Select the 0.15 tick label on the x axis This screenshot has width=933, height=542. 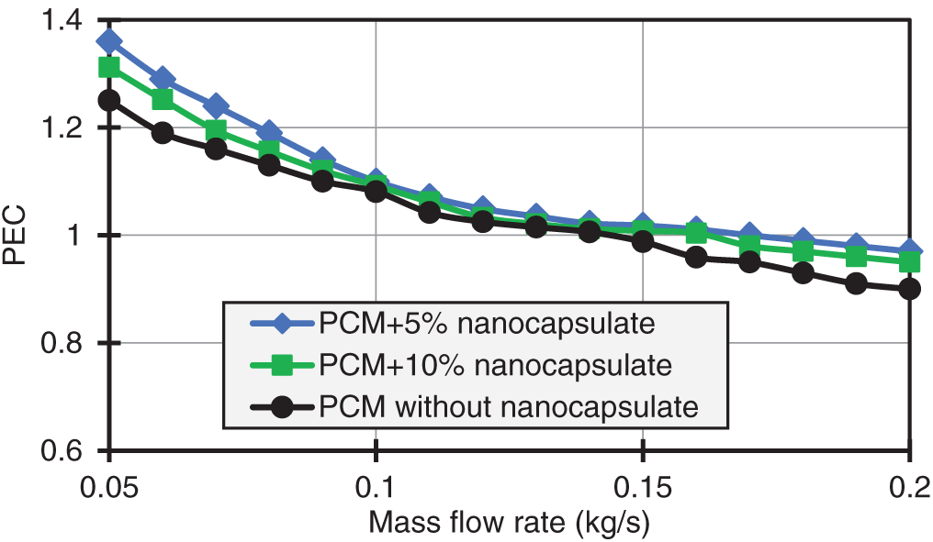643,483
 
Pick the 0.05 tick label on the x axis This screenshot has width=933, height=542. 109,483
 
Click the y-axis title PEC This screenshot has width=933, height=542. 19,237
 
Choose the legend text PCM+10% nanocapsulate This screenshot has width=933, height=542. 494,366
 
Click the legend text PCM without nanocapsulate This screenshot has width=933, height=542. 508,407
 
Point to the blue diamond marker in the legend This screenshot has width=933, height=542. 282,325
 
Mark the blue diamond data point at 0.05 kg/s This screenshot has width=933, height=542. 110,41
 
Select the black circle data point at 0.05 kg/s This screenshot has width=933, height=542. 110,101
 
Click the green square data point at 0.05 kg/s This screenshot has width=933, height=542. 110,68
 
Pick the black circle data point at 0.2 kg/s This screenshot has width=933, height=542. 909,289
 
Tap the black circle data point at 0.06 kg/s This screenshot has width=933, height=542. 163,133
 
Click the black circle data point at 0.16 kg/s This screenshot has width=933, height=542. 696,258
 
